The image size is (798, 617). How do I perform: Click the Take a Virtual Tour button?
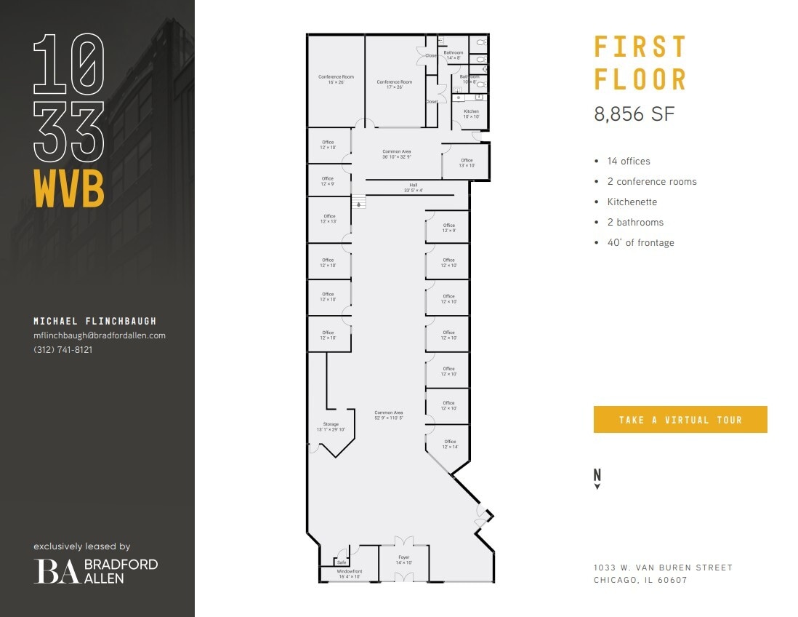[x=680, y=420]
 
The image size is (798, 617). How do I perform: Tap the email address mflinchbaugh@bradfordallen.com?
[x=100, y=335]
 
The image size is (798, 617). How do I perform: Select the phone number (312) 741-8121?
[x=63, y=349]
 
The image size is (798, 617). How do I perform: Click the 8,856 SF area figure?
[x=634, y=114]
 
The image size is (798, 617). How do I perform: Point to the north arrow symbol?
[x=597, y=477]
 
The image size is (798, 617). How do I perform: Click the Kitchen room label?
[x=472, y=114]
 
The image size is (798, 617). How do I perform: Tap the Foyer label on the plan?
[x=404, y=560]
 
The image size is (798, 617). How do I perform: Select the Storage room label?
[x=331, y=427]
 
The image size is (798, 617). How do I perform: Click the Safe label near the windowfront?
[x=342, y=562]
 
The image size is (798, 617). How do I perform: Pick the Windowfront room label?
[x=349, y=574]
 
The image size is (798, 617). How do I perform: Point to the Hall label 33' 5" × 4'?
[x=413, y=188]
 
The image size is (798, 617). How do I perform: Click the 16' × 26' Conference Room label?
[x=336, y=79]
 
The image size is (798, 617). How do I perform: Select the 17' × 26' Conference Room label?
[x=395, y=84]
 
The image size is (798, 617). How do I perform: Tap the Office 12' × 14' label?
[x=450, y=444]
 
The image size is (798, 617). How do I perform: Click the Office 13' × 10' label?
[x=467, y=163]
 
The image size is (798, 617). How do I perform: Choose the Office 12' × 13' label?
[x=329, y=218]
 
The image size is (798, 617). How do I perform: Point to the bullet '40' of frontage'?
[x=640, y=243]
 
